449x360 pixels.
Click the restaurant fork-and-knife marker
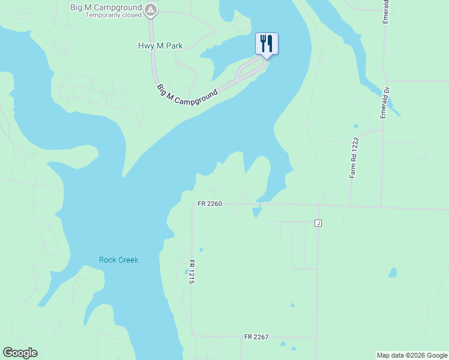267,43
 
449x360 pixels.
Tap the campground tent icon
151,10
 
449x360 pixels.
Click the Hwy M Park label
160,46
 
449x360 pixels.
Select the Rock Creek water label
118,260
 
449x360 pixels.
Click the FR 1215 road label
191,272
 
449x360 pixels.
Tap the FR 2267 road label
256,337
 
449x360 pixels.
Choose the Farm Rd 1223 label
354,157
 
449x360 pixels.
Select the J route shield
318,223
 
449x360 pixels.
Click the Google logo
20,353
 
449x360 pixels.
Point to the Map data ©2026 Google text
411,355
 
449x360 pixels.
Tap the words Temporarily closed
113,15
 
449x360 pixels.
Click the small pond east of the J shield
393,272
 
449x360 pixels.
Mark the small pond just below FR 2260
257,211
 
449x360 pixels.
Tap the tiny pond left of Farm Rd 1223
356,126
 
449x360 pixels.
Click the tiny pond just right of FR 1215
200,249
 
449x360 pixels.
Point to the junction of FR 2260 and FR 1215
192,204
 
